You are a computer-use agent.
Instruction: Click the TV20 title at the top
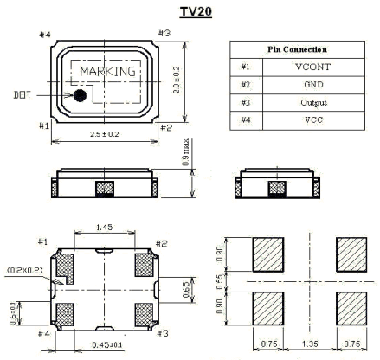(189, 13)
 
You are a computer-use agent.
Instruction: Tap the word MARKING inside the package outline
(108, 70)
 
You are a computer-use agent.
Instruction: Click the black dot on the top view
(80, 95)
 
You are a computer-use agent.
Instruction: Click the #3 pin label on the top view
(164, 33)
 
